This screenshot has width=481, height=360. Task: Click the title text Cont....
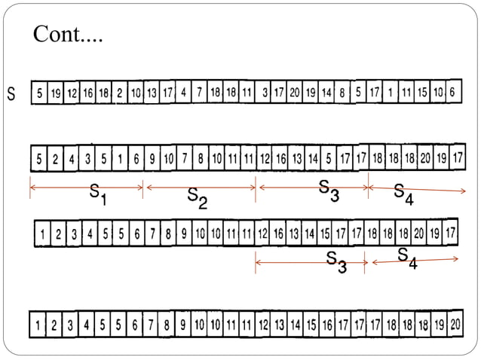point(67,35)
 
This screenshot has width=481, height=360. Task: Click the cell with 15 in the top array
point(422,92)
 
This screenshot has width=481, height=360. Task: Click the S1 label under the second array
point(98,197)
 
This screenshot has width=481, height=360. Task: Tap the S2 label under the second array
point(197,198)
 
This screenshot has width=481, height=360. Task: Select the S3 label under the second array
point(329,191)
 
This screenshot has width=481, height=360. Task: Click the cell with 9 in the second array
point(152,160)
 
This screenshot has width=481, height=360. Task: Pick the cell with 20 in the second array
point(425,159)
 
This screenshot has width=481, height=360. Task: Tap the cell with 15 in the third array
point(325,233)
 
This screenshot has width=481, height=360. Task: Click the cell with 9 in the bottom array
point(182,326)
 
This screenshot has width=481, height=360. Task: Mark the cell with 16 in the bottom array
point(326,326)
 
